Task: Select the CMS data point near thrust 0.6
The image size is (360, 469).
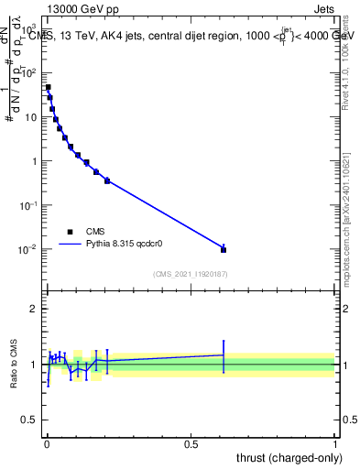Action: coord(224,249)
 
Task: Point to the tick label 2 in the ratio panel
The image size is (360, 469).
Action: coord(35,309)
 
